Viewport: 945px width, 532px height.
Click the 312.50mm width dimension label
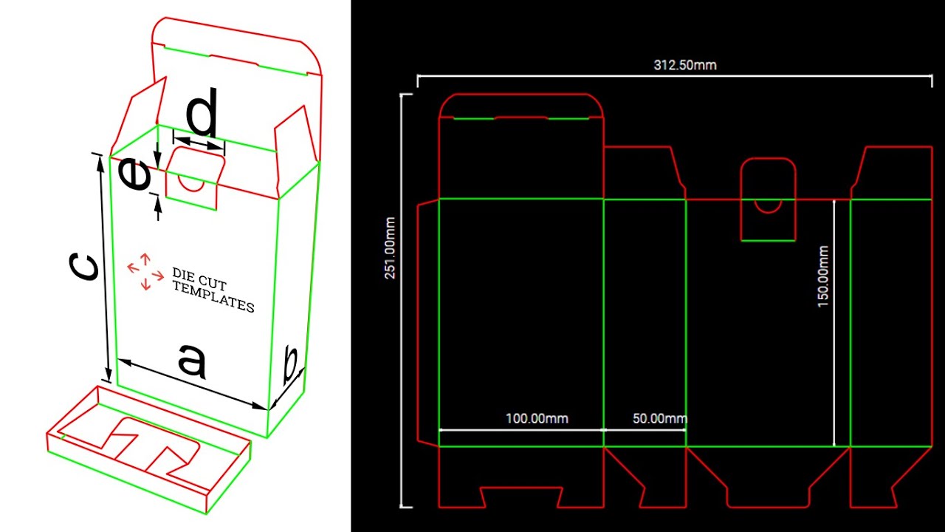(684, 65)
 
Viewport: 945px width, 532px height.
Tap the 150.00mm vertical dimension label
(823, 277)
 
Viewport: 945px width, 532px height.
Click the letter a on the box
(191, 362)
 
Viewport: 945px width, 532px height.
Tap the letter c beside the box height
(83, 267)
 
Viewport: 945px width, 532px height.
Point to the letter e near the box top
(134, 176)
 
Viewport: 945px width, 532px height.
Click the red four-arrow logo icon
(145, 271)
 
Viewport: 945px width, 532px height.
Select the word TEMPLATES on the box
(213, 297)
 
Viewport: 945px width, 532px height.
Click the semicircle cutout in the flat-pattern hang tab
(768, 205)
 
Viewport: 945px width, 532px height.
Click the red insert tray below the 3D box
(148, 447)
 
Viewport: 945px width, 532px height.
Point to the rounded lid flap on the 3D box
(236, 48)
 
